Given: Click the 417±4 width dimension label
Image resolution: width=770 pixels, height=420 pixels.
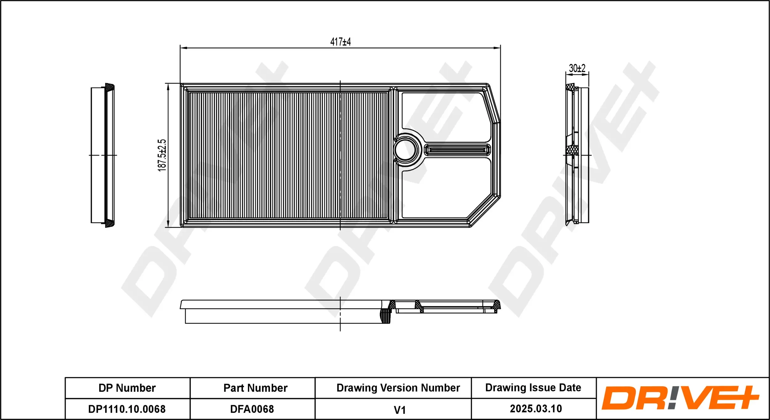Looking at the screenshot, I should click(340, 42).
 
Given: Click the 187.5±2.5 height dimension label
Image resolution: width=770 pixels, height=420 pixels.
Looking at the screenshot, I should click(162, 155).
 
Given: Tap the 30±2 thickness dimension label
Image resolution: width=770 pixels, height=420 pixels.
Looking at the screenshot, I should click(577, 68).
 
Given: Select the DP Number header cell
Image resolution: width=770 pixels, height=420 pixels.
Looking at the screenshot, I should click(127, 388).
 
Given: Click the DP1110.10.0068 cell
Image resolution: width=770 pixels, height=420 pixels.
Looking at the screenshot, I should click(127, 409).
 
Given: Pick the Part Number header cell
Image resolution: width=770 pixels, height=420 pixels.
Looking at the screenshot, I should click(255, 388).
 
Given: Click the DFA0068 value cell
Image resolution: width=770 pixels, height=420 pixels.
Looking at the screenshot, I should click(252, 409).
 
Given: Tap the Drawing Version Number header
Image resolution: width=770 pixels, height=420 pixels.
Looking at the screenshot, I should click(398, 388).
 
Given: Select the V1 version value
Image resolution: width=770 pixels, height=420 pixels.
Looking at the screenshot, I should click(399, 410).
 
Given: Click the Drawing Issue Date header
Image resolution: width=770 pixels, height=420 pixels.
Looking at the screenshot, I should click(533, 388).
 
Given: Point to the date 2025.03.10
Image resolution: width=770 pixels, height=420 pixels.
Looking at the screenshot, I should click(536, 409).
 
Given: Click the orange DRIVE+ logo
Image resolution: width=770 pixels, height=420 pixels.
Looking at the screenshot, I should click(680, 398).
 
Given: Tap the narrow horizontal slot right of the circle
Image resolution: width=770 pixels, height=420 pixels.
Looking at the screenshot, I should click(457, 150).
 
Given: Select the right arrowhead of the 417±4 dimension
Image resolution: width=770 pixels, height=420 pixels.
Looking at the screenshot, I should click(497, 48).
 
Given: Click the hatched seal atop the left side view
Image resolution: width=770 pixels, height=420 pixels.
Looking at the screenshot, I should click(110, 87).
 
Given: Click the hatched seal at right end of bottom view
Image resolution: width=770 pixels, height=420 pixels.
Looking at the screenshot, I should click(497, 305).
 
